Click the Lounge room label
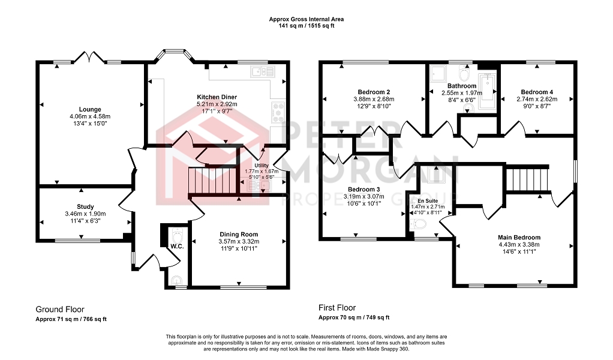(x=90, y=109)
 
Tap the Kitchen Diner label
(x=217, y=97)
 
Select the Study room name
(x=85, y=207)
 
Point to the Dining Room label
(x=239, y=235)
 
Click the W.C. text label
(x=177, y=246)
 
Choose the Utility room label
(x=262, y=166)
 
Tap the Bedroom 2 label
(x=374, y=92)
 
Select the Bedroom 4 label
(x=537, y=92)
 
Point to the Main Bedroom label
(x=519, y=237)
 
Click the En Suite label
(x=428, y=201)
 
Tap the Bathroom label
(x=462, y=86)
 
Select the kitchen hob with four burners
(x=278, y=112)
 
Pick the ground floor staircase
(x=213, y=181)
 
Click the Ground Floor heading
(x=60, y=310)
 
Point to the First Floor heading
(x=337, y=308)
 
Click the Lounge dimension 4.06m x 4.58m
(x=90, y=116)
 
